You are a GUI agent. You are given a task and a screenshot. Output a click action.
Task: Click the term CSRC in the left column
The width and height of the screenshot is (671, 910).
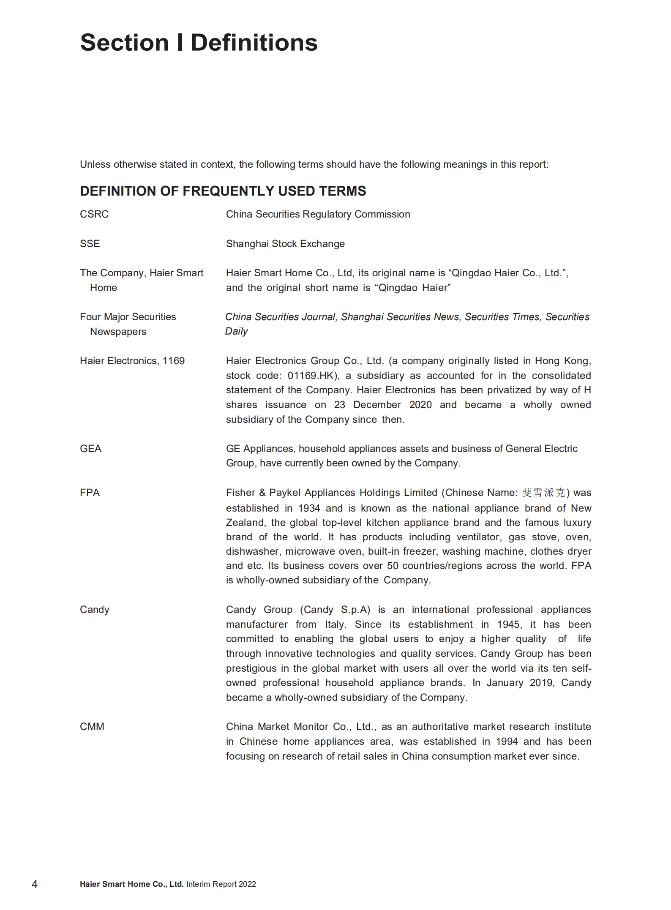coord(94,214)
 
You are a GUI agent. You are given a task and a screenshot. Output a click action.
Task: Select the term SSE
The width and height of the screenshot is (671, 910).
coord(90,244)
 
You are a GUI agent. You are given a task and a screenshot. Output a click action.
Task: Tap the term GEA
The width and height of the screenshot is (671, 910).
coord(90,449)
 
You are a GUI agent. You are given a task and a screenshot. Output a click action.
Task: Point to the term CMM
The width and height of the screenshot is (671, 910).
coord(92,727)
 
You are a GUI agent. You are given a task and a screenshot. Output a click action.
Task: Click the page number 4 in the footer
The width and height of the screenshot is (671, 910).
coord(35,884)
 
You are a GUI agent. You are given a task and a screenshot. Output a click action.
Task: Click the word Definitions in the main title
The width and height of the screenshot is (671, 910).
coord(254,43)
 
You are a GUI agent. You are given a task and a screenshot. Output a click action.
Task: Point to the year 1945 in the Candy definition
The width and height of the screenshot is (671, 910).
coord(509,624)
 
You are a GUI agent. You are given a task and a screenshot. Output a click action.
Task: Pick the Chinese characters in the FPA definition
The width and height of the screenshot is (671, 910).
coord(543,493)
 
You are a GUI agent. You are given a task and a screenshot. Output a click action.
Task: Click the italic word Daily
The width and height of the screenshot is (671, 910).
coord(236,331)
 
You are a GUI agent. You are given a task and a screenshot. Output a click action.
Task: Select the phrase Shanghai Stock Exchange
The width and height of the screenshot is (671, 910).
coord(285,244)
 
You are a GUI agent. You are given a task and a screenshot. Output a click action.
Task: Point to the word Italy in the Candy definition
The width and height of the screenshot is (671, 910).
coord(335,624)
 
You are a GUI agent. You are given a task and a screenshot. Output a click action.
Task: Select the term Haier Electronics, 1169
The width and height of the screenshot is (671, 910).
coord(132,361)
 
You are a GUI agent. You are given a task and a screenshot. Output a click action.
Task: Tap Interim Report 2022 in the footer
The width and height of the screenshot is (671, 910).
coord(221,884)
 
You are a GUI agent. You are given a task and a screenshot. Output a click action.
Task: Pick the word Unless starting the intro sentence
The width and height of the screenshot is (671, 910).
coord(95,164)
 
